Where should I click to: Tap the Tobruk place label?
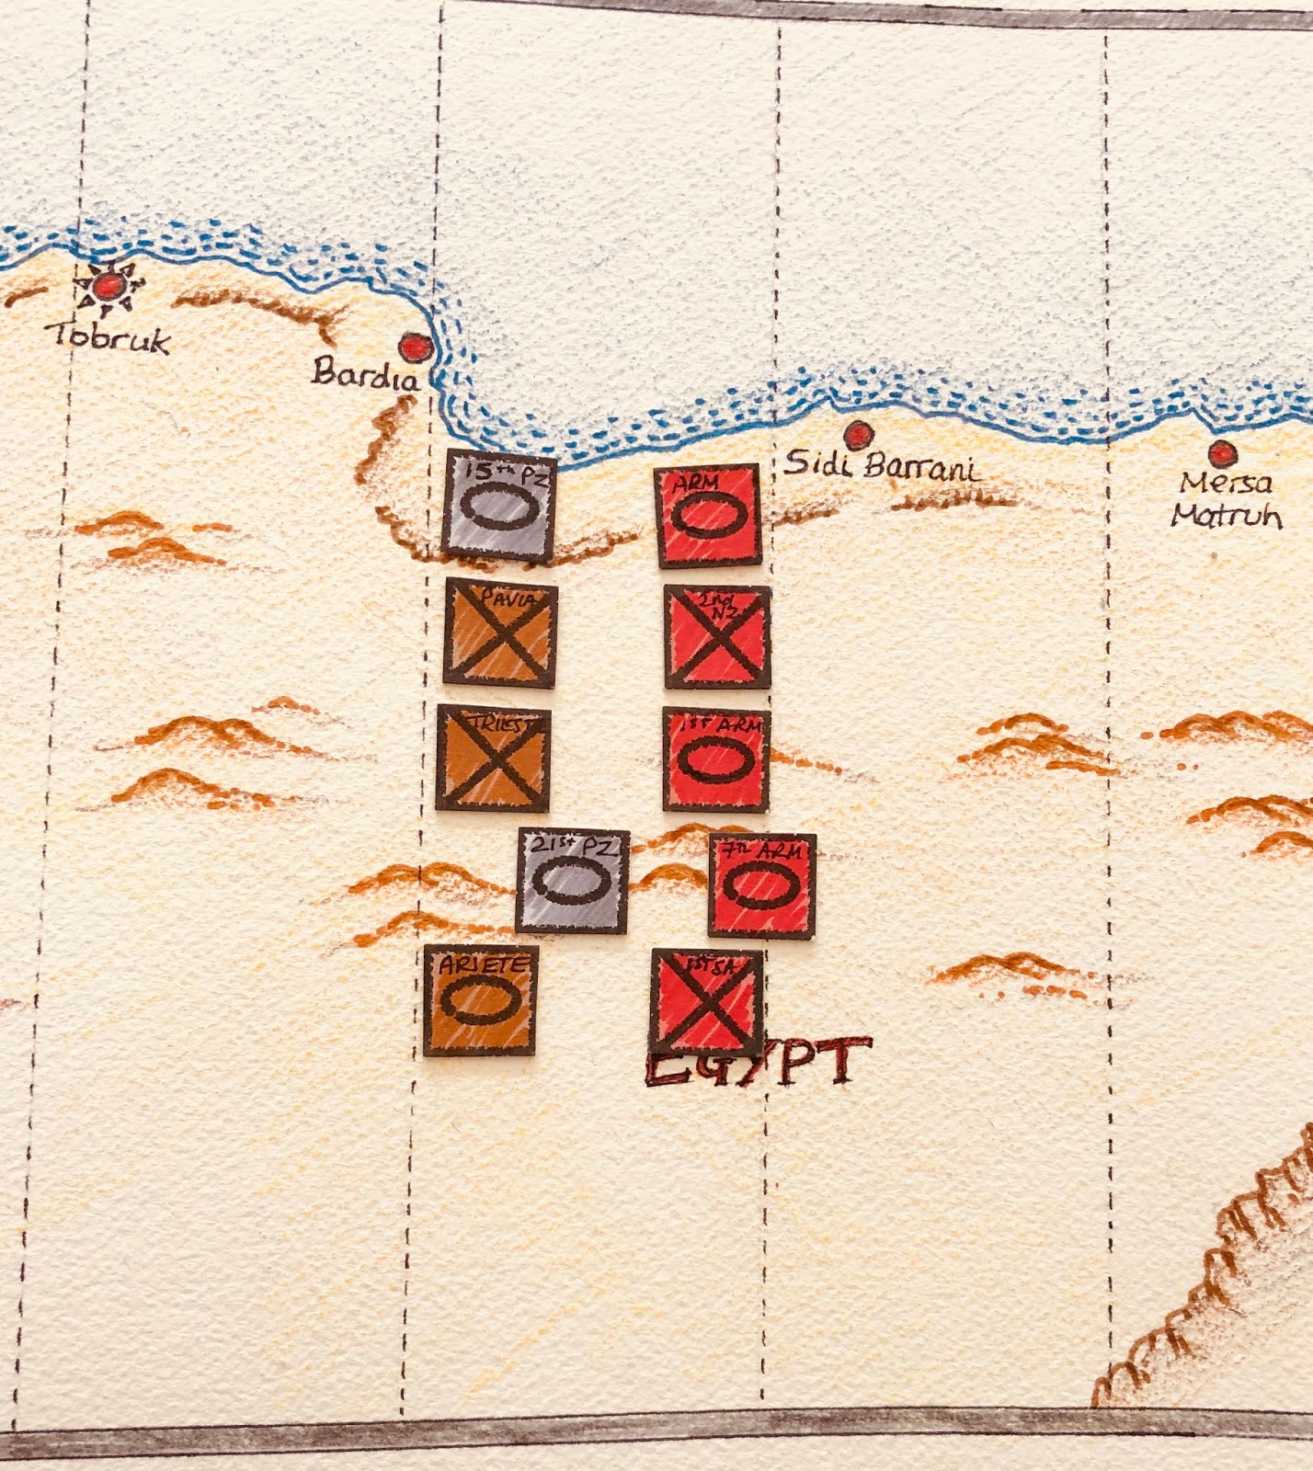click(x=112, y=338)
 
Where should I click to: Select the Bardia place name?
click(x=364, y=374)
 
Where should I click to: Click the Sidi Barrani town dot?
click(x=858, y=432)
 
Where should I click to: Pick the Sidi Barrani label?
click(x=882, y=466)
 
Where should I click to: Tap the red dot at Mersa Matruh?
click(x=1221, y=453)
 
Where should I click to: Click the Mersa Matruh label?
click(x=1227, y=499)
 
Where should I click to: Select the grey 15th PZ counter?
click(x=498, y=506)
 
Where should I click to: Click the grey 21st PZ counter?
click(x=573, y=880)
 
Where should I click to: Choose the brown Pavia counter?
click(x=500, y=633)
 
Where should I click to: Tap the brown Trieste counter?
click(x=494, y=758)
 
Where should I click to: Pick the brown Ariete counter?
click(x=481, y=1001)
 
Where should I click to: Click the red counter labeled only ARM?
click(x=707, y=517)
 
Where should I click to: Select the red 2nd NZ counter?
click(x=717, y=637)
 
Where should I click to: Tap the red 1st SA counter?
click(x=706, y=1001)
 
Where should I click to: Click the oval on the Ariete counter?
click(x=481, y=1004)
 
